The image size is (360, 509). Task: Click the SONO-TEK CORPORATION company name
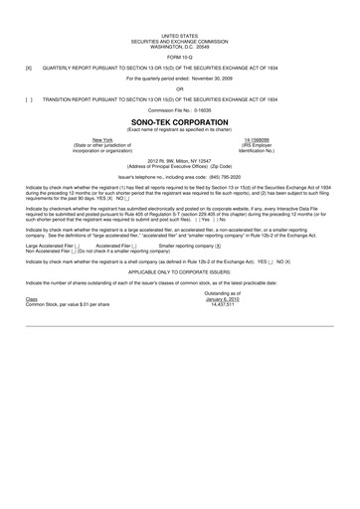pos(179,122)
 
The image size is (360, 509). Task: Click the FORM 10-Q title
pos(179,55)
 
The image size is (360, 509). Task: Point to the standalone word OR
pos(179,88)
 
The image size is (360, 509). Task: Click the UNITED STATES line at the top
pos(179,34)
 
